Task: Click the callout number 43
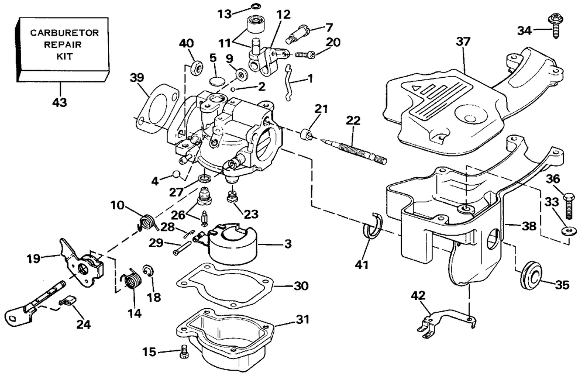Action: [x=58, y=102]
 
